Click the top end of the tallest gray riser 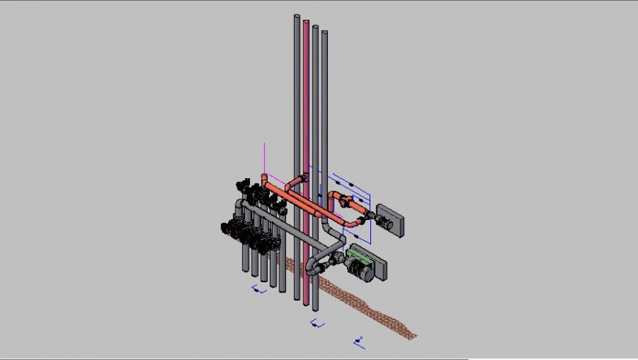click(296, 18)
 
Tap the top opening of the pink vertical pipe click(306, 22)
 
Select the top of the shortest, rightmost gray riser click(323, 34)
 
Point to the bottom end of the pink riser click(307, 301)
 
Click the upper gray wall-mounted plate click(390, 221)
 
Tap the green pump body click(359, 258)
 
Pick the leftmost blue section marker click(258, 290)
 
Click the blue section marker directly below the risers click(317, 323)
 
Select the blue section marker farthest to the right click(359, 339)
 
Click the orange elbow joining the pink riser click(298, 180)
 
